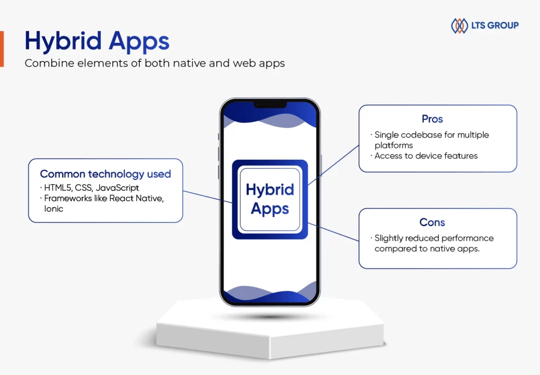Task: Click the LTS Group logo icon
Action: [x=459, y=25]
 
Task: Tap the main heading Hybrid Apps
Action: [x=97, y=41]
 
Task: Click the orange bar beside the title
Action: [x=2, y=49]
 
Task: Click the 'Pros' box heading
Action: [x=432, y=119]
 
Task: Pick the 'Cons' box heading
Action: [x=432, y=222]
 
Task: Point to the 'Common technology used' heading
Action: [x=105, y=174]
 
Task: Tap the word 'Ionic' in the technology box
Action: [x=54, y=209]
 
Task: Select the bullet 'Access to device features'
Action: [x=426, y=156]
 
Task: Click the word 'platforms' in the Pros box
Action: [x=393, y=146]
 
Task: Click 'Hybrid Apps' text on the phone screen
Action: [x=270, y=199]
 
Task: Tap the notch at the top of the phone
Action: [x=270, y=104]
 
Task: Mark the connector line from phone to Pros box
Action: [x=333, y=165]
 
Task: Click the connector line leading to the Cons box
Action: [x=333, y=232]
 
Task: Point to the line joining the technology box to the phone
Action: [x=207, y=197]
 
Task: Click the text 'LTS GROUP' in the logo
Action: [x=495, y=25]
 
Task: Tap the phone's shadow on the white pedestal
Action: [x=271, y=316]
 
